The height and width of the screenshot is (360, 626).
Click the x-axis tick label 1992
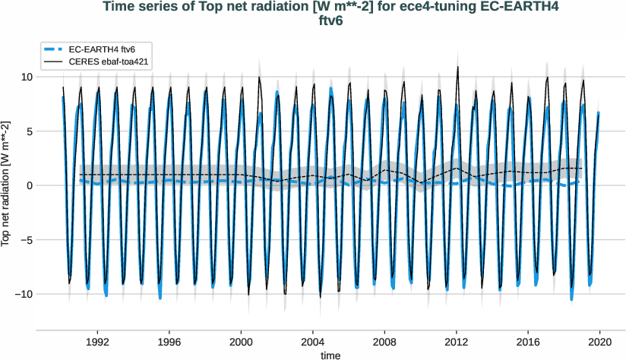pyautogui.click(x=97, y=343)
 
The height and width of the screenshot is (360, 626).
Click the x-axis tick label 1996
pyautogui.click(x=169, y=343)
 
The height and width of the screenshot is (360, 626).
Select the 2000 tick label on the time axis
pyautogui.click(x=241, y=343)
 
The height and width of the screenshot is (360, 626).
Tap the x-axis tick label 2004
pyautogui.click(x=313, y=343)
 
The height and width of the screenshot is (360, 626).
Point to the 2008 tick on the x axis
pyautogui.click(x=384, y=343)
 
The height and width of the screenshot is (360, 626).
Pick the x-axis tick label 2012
pyautogui.click(x=457, y=343)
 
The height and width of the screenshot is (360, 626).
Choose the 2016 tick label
pyautogui.click(x=528, y=343)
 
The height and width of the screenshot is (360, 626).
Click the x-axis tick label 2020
pyautogui.click(x=600, y=343)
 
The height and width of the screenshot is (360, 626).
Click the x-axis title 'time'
pyautogui.click(x=330, y=355)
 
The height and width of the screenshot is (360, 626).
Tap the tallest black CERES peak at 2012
pyautogui.click(x=457, y=67)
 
